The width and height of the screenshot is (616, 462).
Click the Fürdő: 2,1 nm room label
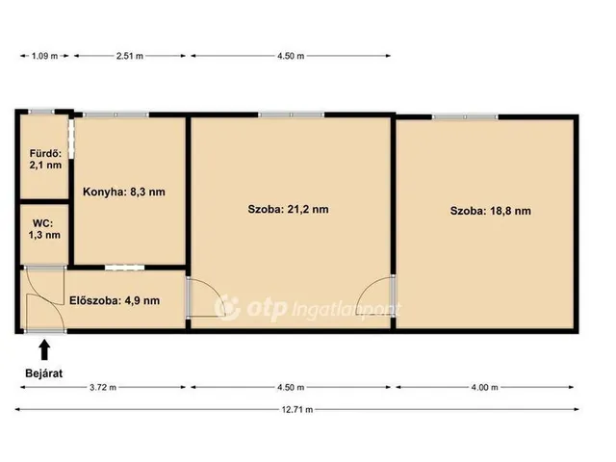(x=45, y=159)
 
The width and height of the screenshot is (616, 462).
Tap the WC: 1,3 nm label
(x=44, y=229)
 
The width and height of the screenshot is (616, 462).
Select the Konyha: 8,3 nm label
(x=124, y=192)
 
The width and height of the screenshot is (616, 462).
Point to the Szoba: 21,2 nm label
(x=288, y=210)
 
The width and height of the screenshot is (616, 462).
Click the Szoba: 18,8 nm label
(x=490, y=211)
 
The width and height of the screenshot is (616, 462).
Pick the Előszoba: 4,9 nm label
(x=115, y=301)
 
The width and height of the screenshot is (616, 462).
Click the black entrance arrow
(x=45, y=350)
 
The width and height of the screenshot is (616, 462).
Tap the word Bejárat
(x=43, y=373)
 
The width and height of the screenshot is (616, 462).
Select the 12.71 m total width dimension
(x=297, y=410)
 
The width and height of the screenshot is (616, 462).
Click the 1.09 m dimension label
(x=44, y=56)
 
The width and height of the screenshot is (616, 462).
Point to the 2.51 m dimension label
(x=129, y=56)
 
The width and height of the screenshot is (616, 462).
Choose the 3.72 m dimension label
(x=103, y=387)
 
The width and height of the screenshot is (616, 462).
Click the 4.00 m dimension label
(x=484, y=387)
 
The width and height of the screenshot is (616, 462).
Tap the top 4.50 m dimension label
(x=291, y=56)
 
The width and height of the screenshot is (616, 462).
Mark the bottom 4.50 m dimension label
(x=291, y=387)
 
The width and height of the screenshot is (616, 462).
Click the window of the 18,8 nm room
(x=465, y=117)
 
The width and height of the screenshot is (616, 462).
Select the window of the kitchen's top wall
(x=115, y=115)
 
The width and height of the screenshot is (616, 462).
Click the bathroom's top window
(x=41, y=112)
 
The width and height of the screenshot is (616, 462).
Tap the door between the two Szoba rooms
(x=377, y=295)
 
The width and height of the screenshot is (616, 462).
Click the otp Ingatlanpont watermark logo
(x=308, y=308)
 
